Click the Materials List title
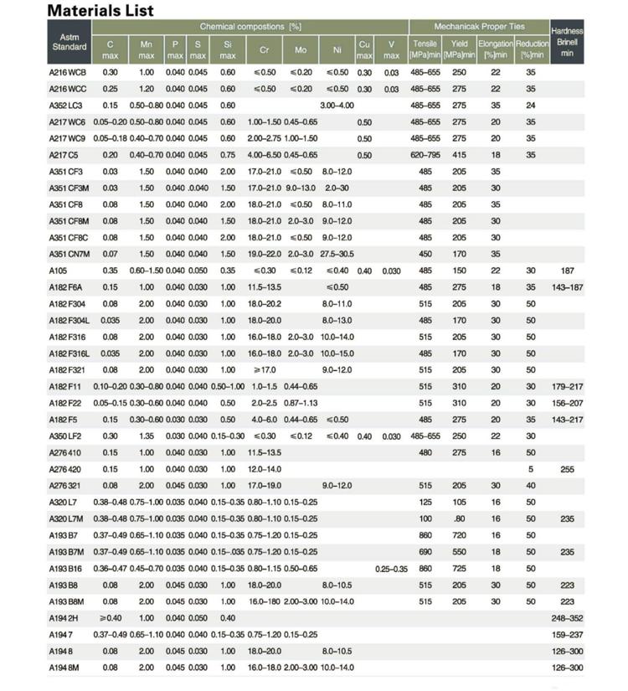(100, 11)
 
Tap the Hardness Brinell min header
(567, 42)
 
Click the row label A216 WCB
(68, 73)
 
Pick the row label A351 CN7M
(69, 254)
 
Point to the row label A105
(58, 271)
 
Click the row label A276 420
(65, 469)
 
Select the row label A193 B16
(66, 569)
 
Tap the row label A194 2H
(64, 618)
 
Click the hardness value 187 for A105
(567, 271)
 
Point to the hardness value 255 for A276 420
(567, 469)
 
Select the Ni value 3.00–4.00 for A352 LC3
(337, 106)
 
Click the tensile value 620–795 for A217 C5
(425, 155)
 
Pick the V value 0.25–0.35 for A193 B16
(391, 569)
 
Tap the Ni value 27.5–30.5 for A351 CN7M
(337, 254)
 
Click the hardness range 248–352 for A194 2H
(567, 618)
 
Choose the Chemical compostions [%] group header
(250, 27)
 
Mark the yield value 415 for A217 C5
(459, 155)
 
